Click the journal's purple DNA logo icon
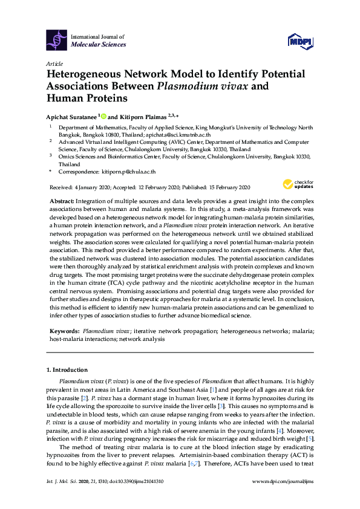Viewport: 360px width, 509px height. (x=57, y=40)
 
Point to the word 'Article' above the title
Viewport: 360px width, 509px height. (x=54, y=63)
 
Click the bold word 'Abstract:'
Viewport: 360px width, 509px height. (x=61, y=200)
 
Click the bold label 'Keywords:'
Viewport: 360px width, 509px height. (x=64, y=332)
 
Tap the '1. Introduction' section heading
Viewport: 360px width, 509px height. (x=67, y=369)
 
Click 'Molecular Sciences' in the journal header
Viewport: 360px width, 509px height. (x=99, y=45)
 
